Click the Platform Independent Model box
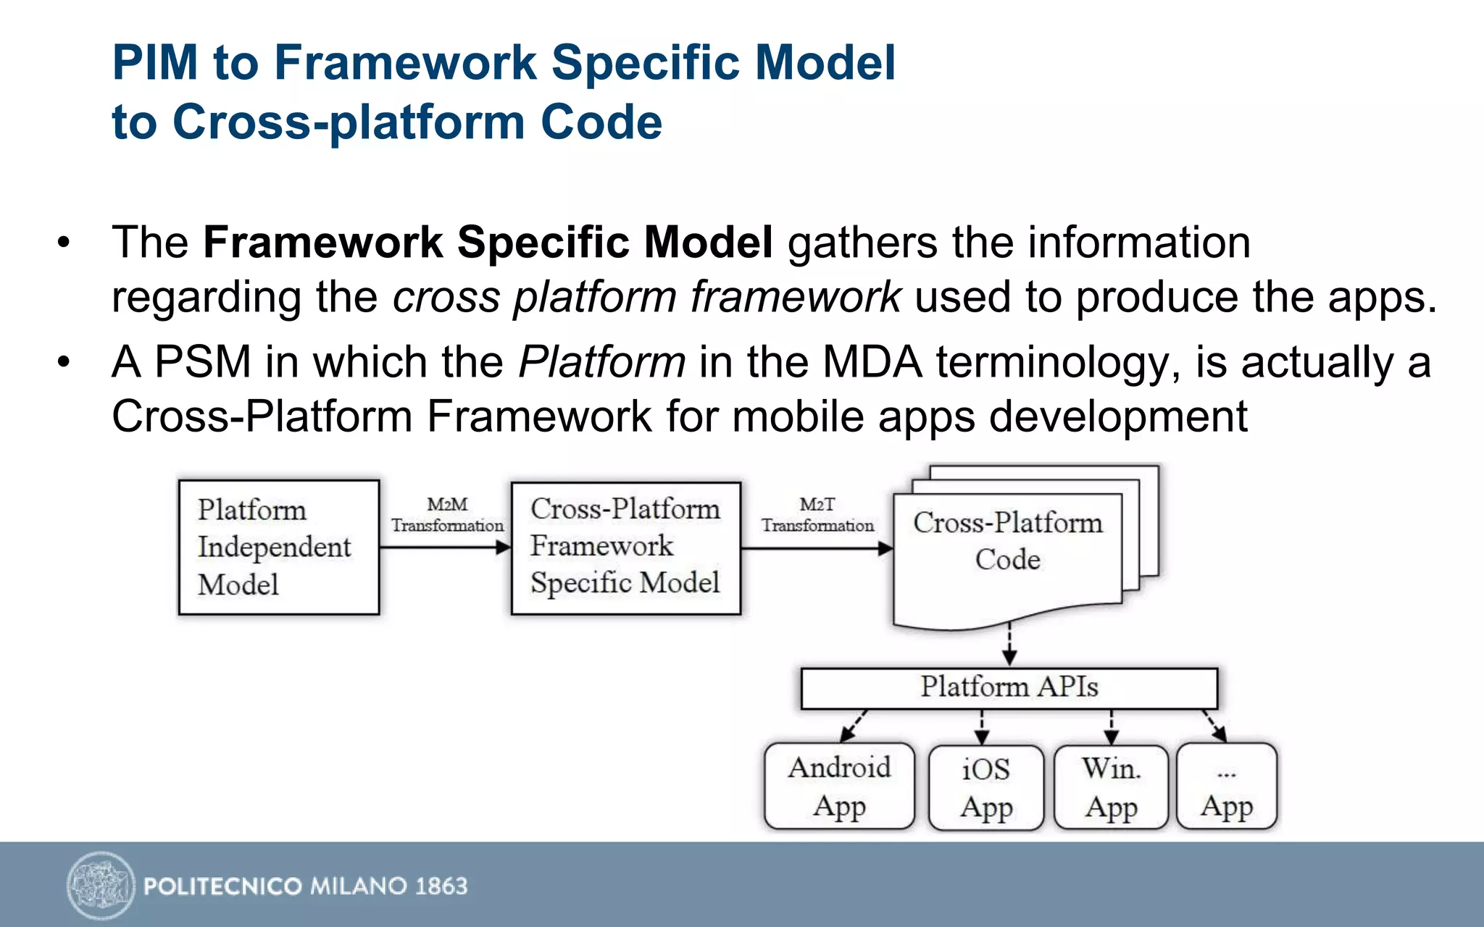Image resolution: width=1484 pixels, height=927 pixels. point(279,547)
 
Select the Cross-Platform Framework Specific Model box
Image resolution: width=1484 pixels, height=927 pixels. point(625,548)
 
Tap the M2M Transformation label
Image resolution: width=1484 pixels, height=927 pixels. point(447,515)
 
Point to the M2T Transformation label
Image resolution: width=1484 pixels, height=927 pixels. point(817,515)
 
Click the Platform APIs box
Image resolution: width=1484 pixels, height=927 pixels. point(1009,687)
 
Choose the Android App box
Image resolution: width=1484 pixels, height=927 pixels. point(839,786)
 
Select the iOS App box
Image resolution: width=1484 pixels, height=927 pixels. point(986,787)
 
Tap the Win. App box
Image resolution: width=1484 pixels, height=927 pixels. point(1111,787)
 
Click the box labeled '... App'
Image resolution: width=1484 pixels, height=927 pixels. point(1227,787)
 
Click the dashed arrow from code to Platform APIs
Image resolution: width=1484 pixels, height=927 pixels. point(1009,642)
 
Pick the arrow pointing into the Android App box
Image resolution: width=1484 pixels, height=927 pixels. point(854,726)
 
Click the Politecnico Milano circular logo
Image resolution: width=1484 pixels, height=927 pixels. point(101,885)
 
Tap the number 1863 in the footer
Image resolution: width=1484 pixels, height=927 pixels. point(441,886)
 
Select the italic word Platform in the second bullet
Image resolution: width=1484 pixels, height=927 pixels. point(601,361)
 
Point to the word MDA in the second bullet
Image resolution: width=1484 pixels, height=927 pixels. point(872,361)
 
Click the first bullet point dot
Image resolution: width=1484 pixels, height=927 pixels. point(64,242)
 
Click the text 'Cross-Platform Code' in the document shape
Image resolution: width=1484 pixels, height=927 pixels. point(1007,540)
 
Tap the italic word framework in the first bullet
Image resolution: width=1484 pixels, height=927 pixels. point(795,297)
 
